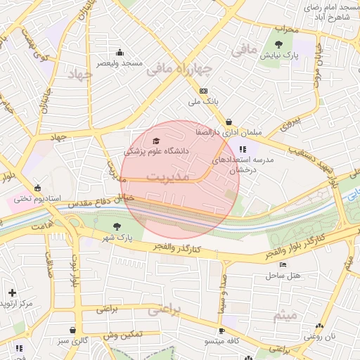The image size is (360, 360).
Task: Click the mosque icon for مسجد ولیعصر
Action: click(120, 52)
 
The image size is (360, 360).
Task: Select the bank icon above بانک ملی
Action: click(204, 91)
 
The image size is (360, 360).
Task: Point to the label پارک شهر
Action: click(116, 237)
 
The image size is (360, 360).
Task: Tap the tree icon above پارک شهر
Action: click(117, 226)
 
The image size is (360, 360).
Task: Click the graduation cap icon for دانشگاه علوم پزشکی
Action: click(155, 141)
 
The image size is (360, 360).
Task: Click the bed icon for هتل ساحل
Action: click(283, 265)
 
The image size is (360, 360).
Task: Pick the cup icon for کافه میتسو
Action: click(222, 330)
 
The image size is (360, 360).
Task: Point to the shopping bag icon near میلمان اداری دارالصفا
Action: click(229, 121)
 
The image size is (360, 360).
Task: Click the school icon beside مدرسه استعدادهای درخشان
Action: click(243, 149)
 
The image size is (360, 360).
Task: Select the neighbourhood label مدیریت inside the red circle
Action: click(168, 176)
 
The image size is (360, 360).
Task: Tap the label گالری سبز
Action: click(73, 341)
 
